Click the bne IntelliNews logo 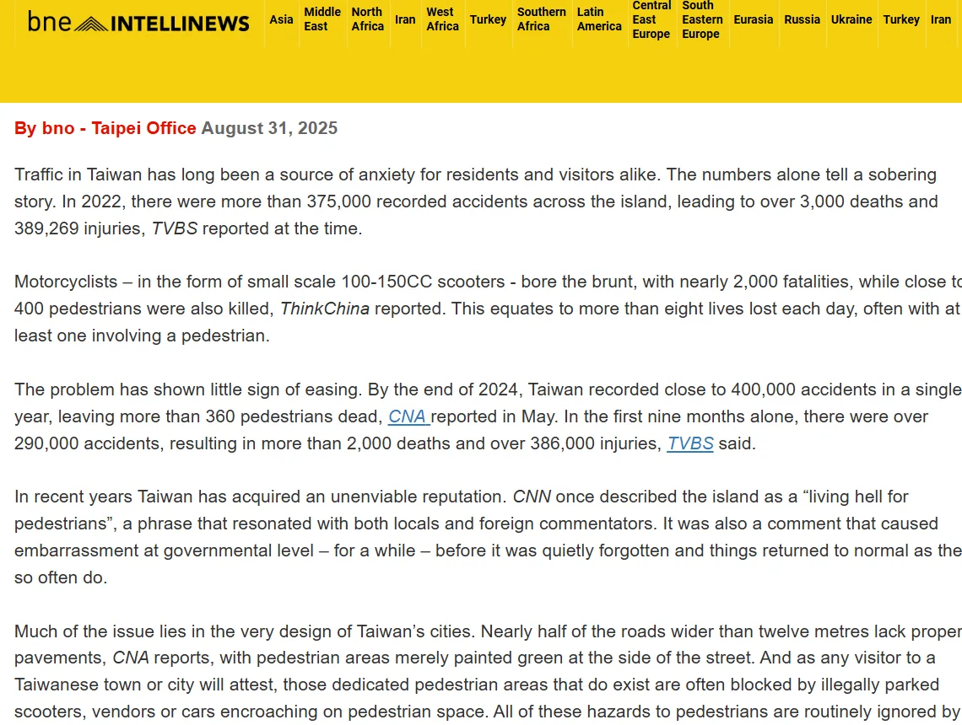coord(138,22)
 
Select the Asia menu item coord(281,19)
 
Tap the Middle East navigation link coord(322,19)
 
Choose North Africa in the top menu coord(367,19)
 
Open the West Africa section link coord(442,19)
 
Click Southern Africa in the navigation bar coord(541,19)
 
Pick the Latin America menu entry coord(599,19)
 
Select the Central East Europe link coord(651,19)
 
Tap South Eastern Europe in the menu coord(702,19)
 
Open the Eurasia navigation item coord(753,19)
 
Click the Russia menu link coord(802,19)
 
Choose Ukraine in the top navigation coord(851,19)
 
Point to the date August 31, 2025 coord(269,128)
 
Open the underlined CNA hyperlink coord(408,416)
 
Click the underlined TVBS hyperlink coord(689,443)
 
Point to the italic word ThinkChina coord(325,309)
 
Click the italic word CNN coord(532,497)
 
